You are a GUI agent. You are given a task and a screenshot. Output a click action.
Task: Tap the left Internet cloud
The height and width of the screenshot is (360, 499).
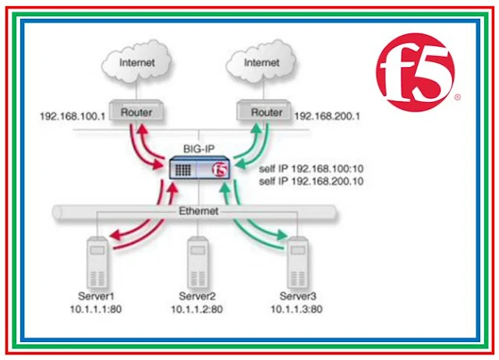(x=137, y=62)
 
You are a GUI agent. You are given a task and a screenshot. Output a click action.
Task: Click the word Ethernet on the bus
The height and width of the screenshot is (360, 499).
(x=200, y=211)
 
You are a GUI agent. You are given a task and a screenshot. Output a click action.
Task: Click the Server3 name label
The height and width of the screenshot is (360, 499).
(x=297, y=296)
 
